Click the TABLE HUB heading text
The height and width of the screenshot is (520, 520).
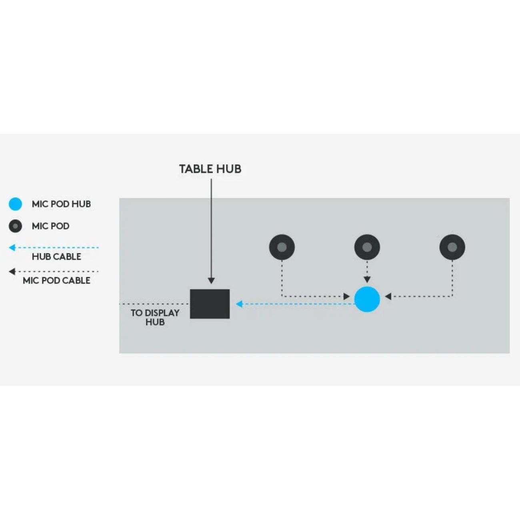click(x=210, y=169)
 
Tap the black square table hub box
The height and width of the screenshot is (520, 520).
click(x=210, y=304)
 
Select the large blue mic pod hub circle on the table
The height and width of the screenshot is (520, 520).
click(x=367, y=299)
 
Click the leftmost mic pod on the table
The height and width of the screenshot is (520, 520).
click(x=282, y=247)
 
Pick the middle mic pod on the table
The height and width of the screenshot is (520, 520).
click(x=367, y=247)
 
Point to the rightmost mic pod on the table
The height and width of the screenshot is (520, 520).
click(x=452, y=247)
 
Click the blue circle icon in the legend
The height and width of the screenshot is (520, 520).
click(x=15, y=204)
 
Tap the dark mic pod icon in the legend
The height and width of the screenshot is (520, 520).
click(x=15, y=226)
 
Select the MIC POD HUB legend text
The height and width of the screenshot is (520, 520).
click(x=61, y=204)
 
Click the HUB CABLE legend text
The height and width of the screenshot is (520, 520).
click(x=56, y=256)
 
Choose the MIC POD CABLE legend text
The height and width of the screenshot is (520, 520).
click(x=56, y=280)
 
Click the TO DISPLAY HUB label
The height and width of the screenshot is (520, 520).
click(x=155, y=317)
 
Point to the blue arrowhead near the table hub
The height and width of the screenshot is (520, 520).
click(x=239, y=304)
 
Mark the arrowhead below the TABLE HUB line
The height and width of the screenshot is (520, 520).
click(x=211, y=281)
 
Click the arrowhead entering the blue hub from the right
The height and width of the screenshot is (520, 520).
click(x=388, y=296)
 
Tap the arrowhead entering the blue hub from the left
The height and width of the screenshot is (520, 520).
click(x=347, y=296)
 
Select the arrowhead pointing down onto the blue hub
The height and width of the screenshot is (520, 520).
click(x=367, y=279)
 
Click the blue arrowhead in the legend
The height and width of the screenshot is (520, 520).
click(x=12, y=248)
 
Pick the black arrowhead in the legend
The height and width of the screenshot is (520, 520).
click(x=12, y=272)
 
